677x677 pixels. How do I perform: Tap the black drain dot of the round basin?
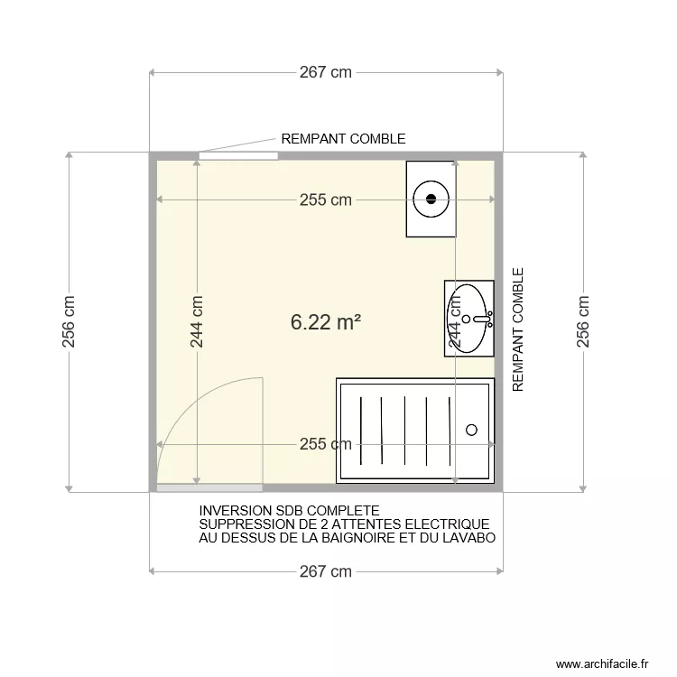431,199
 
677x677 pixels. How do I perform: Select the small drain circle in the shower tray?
471,431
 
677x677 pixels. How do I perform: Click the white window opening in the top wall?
237,156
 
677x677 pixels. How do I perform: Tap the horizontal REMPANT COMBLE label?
343,139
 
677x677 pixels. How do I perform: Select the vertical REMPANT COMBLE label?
518,329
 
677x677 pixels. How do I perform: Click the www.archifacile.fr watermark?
602,663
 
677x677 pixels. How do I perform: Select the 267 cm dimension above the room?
326,73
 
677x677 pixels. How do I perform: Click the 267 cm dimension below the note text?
326,571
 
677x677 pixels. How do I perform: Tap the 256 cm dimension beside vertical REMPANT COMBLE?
583,322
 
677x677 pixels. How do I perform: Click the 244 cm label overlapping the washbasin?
456,322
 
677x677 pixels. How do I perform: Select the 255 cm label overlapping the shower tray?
326,444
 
